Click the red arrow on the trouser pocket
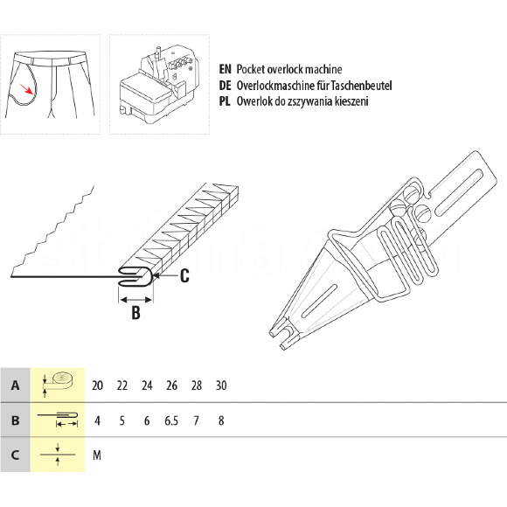(x=26, y=89)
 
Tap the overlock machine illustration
(x=156, y=85)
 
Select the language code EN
(x=225, y=69)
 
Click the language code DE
(x=225, y=86)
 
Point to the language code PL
(x=225, y=101)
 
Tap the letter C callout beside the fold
(x=184, y=276)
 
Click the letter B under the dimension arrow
(x=135, y=312)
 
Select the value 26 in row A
(x=171, y=385)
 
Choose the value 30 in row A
(x=221, y=385)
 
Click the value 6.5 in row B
(x=171, y=420)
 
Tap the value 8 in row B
(x=221, y=420)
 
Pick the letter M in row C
(x=97, y=455)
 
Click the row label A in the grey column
(x=15, y=385)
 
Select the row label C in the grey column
(x=15, y=455)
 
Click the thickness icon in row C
(x=58, y=455)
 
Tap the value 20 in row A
(x=97, y=385)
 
